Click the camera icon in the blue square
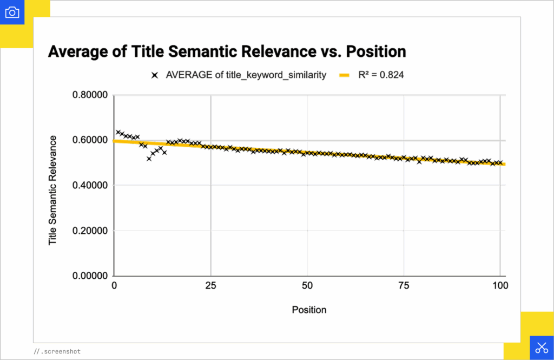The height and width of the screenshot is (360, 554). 12,12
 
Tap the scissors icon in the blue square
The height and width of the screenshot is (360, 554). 541,348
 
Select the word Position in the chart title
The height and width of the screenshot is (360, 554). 376,52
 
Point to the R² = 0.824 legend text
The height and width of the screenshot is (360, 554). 381,75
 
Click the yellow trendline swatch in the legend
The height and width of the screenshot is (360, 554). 345,75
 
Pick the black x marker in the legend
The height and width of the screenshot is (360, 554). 155,75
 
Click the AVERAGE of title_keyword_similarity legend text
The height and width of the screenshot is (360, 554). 246,75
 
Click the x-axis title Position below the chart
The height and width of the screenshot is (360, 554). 309,310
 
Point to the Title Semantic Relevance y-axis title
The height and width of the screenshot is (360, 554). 52,190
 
